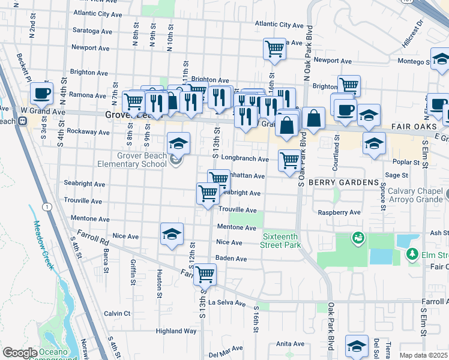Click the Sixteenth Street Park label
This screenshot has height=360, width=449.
281,241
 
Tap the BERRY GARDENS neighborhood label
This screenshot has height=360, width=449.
344,182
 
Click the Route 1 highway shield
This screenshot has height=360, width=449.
46,208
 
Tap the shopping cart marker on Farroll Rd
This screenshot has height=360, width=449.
205,274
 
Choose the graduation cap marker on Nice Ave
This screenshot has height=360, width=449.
172,233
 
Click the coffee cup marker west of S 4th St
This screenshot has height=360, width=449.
41,92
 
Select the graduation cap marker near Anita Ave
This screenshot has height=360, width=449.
357,346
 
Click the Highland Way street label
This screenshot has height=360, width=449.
176,331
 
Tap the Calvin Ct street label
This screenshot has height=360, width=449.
117,313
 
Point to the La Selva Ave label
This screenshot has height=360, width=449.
228,303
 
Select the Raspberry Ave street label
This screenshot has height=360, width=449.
339,212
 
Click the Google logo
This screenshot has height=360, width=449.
20,353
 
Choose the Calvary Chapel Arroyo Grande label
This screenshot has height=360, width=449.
414,196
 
